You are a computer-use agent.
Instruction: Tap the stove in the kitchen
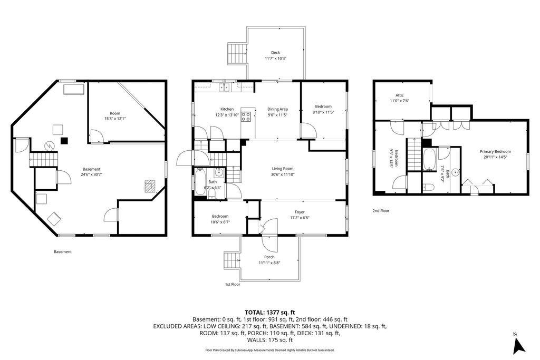click(x=246, y=116)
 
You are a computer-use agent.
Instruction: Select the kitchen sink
click(x=224, y=87)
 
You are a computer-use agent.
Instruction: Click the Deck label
click(x=275, y=53)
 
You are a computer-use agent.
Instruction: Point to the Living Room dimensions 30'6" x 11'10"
click(x=283, y=174)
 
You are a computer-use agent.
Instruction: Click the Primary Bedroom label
click(x=496, y=151)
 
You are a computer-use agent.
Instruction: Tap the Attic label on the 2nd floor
click(x=400, y=95)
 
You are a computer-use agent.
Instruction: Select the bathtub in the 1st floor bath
click(x=200, y=182)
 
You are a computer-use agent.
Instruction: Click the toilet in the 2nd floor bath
click(x=428, y=188)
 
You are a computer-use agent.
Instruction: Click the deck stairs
click(x=237, y=54)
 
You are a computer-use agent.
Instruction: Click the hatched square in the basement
click(x=150, y=186)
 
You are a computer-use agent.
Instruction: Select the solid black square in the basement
click(x=64, y=140)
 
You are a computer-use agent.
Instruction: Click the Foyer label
click(x=300, y=212)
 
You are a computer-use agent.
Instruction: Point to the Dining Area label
click(x=277, y=109)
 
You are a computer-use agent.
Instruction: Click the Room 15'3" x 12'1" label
click(x=115, y=116)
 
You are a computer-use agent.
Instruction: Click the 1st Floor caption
click(x=233, y=285)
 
